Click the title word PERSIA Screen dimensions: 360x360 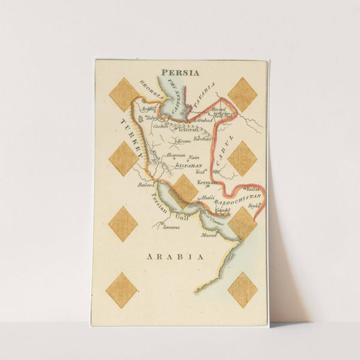tap(180, 73)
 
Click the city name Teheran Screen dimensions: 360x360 tap(187, 128)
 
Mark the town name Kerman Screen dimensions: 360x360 tap(206, 181)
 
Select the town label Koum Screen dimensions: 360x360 tap(184, 141)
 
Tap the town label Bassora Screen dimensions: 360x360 tap(146, 185)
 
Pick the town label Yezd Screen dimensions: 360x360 tap(200, 171)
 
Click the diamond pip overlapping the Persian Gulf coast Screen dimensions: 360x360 tap(185, 188)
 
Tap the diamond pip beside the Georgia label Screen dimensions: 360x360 tap(123, 94)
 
